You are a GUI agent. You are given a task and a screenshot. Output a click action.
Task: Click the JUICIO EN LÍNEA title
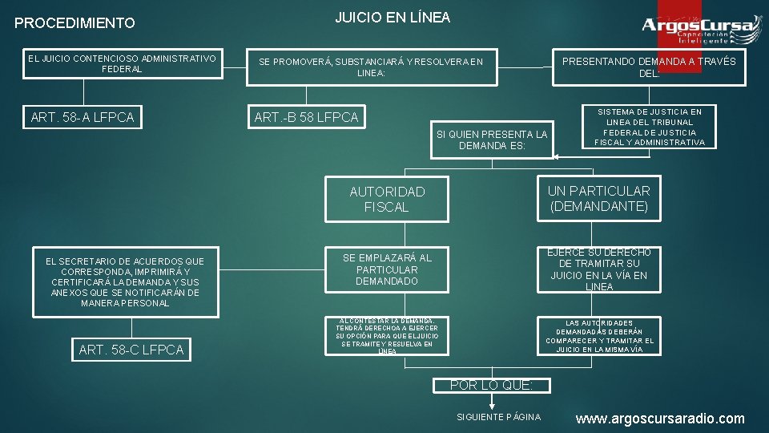[392, 17]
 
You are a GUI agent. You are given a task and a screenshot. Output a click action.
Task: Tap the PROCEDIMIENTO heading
[75, 23]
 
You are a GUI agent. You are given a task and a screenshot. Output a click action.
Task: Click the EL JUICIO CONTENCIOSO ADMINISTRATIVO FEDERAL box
[123, 64]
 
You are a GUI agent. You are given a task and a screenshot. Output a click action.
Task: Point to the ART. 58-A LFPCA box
[83, 119]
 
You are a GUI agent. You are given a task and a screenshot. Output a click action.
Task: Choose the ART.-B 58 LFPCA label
[306, 118]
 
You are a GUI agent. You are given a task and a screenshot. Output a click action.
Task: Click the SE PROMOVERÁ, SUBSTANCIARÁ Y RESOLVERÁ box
[371, 67]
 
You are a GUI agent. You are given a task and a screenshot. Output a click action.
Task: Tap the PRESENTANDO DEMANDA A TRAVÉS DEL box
[649, 67]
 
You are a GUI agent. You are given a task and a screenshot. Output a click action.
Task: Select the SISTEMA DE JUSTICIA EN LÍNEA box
[650, 127]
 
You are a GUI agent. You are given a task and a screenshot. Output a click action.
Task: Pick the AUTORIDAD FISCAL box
[387, 199]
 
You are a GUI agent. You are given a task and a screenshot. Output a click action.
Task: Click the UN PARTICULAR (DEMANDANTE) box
[599, 199]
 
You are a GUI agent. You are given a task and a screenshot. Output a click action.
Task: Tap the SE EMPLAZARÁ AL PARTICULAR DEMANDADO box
[387, 269]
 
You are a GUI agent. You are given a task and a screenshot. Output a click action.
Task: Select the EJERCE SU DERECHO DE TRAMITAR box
[599, 269]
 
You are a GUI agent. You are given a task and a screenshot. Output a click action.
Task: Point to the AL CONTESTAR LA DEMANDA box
[387, 336]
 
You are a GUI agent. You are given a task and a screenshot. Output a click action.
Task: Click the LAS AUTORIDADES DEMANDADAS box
[599, 336]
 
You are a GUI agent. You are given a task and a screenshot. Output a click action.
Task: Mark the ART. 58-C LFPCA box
[131, 350]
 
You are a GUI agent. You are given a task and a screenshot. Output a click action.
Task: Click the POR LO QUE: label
[490, 385]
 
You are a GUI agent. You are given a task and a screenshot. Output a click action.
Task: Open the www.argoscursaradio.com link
[659, 419]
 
